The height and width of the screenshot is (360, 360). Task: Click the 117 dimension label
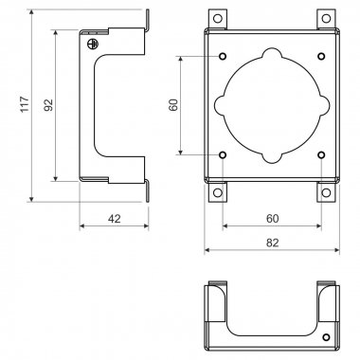25,103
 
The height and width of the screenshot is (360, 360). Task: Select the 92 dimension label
48,105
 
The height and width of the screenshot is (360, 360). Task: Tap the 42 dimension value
115,219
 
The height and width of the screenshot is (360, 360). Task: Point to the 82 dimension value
273,243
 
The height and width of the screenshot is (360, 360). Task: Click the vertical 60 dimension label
173,105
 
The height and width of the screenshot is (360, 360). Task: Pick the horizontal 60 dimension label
273,219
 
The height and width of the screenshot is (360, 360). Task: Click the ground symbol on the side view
92,44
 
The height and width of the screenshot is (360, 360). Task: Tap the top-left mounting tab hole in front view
218,18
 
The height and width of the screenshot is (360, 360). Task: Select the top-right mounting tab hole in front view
326,18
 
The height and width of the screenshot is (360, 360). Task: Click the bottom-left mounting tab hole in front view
218,192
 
